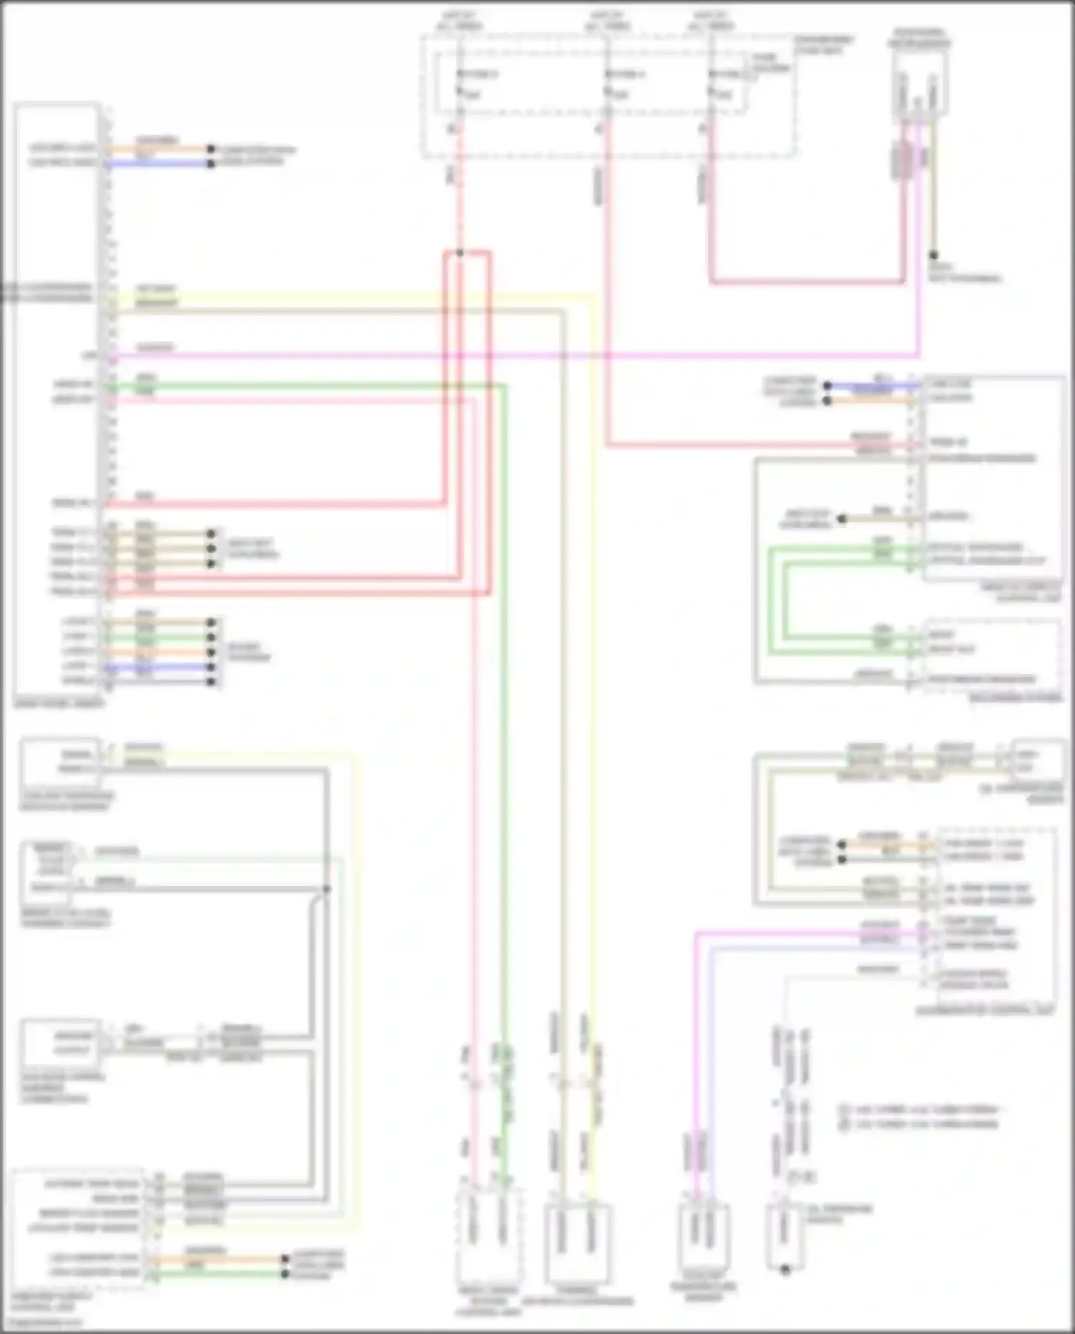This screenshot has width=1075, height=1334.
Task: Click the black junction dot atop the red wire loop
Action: point(459,252)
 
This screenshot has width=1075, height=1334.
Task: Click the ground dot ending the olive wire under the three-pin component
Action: point(933,254)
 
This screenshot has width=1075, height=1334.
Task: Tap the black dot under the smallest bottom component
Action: point(785,1269)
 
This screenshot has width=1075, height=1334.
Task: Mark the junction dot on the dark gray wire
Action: point(326,889)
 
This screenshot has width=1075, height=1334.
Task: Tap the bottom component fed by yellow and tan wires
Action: point(578,1244)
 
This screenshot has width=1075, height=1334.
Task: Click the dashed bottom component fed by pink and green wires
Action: point(489,1244)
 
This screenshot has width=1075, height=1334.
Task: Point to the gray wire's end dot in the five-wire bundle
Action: point(211,681)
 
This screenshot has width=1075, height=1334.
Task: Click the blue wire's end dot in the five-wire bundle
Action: point(211,667)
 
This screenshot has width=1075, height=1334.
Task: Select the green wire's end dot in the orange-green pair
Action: point(285,1273)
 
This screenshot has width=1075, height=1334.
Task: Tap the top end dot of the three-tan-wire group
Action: point(211,534)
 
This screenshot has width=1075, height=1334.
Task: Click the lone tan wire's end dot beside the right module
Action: point(842,518)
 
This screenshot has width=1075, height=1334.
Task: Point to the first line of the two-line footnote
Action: point(920,1110)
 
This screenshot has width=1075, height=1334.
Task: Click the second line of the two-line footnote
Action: point(920,1124)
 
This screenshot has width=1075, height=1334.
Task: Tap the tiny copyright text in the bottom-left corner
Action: point(47,1322)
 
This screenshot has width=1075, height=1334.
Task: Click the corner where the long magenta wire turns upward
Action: point(919,355)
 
